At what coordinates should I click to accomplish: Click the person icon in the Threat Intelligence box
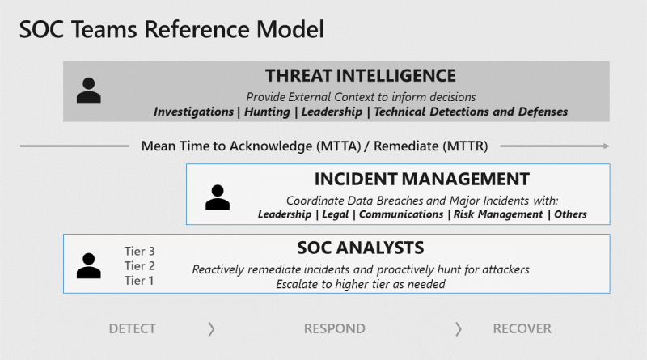click(89, 90)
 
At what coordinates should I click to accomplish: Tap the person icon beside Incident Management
click(218, 197)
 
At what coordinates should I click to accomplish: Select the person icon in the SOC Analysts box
click(89, 265)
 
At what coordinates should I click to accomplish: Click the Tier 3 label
click(139, 251)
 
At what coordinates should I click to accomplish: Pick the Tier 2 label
click(139, 266)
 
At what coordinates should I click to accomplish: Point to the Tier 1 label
click(139, 281)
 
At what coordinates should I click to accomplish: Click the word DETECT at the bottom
click(133, 328)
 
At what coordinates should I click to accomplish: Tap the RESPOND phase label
click(335, 328)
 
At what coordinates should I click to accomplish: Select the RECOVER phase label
click(522, 328)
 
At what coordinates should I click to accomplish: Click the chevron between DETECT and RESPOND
click(211, 329)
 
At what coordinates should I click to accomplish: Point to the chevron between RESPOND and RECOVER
click(459, 329)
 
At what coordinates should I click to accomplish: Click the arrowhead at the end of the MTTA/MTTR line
click(606, 146)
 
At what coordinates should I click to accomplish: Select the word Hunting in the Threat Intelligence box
click(268, 112)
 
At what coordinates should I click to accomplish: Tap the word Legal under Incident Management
click(336, 214)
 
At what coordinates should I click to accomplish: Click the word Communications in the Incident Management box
click(401, 214)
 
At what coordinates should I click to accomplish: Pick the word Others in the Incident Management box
click(570, 214)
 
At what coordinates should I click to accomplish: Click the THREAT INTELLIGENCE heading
click(361, 76)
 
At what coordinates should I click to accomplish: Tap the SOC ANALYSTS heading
click(361, 248)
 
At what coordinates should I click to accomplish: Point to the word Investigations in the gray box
click(193, 112)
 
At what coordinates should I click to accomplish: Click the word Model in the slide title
click(290, 29)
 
